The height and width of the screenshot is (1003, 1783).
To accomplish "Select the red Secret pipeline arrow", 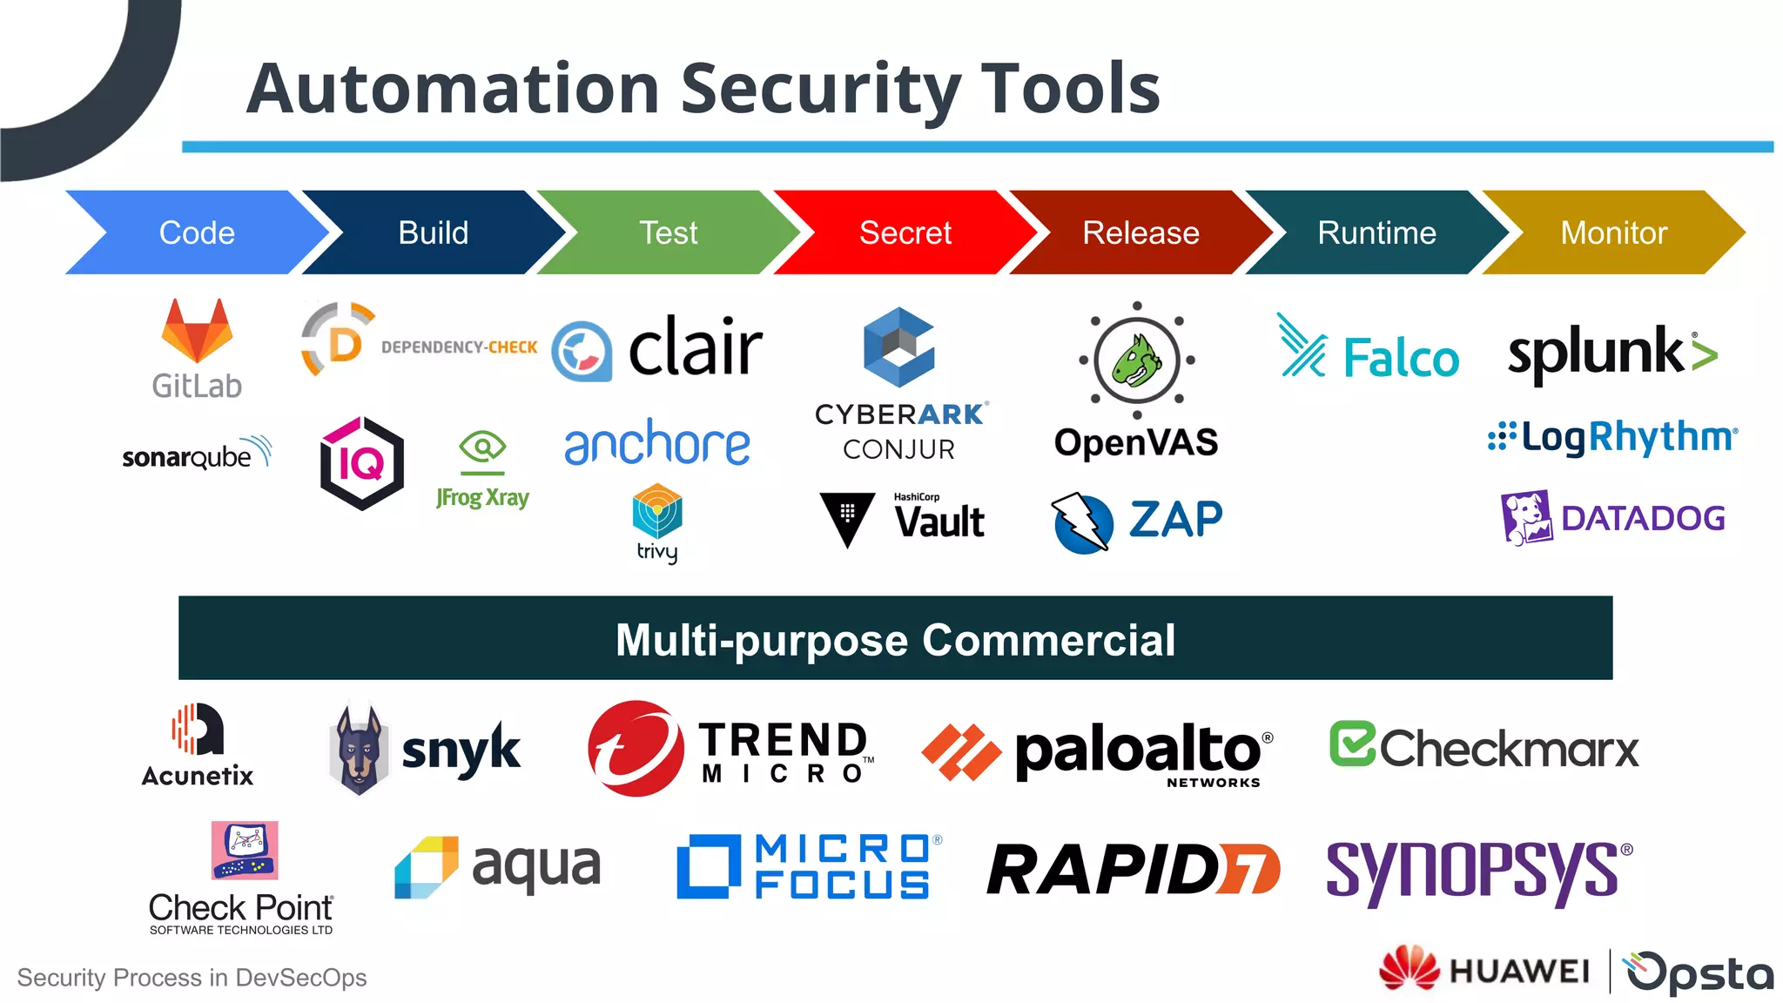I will [905, 232].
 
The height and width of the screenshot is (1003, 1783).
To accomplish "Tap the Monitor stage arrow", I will [1613, 232].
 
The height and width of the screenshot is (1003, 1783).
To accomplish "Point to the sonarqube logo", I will [197, 454].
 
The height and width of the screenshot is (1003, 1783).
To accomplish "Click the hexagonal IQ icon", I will [361, 463].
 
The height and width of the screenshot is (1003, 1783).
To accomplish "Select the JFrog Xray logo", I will [482, 470].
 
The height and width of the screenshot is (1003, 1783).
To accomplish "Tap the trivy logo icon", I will [657, 512].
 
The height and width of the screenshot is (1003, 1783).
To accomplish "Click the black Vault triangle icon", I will [846, 518].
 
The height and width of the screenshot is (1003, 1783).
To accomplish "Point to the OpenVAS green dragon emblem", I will [1137, 360].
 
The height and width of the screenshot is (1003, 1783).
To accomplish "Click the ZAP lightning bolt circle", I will [1082, 523].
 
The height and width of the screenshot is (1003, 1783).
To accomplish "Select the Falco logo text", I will [1400, 358].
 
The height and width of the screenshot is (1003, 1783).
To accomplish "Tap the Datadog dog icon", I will [1526, 517].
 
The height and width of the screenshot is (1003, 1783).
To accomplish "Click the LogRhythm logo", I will [1613, 437].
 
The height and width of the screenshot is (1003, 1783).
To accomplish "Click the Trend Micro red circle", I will [636, 749].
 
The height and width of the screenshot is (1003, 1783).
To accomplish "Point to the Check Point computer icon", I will [245, 850].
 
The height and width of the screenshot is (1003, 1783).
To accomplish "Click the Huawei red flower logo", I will [1410, 968].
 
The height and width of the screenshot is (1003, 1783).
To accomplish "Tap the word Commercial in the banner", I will [1048, 640].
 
